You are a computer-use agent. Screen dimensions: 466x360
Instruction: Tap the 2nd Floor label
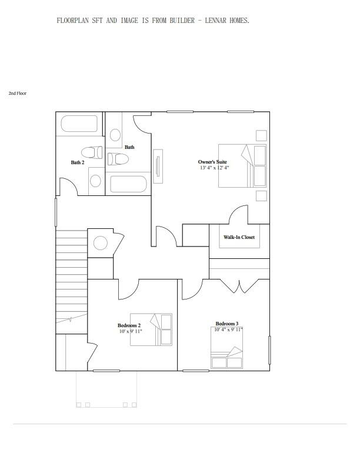coord(18,94)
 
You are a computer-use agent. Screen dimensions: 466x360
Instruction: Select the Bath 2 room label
coord(78,162)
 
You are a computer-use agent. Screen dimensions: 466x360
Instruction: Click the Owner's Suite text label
coord(212,162)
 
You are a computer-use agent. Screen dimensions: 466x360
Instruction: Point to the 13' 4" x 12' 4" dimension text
coord(214,168)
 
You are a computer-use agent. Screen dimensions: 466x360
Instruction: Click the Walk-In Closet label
coord(239,237)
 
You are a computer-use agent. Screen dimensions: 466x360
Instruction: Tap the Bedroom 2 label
coord(129,325)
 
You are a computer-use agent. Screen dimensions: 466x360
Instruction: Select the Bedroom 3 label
coord(227,324)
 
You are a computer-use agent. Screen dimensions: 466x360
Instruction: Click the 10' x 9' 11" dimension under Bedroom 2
coord(130,331)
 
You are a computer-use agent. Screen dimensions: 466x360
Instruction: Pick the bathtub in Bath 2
coord(79,125)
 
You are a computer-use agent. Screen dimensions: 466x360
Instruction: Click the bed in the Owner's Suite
coord(242,166)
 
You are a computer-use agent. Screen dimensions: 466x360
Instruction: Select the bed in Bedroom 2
coord(151,329)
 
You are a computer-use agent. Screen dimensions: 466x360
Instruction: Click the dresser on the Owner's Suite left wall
coord(158,166)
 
